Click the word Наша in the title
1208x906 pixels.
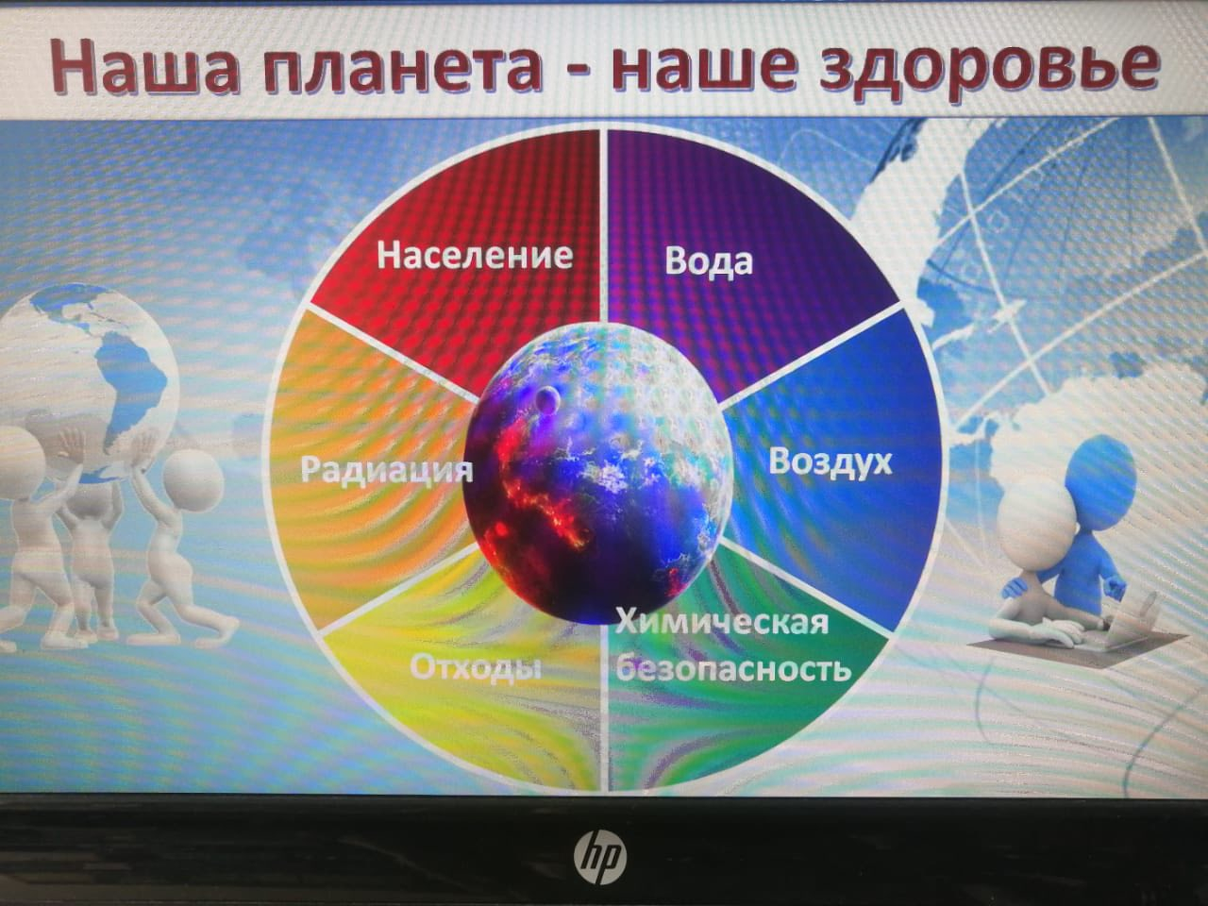click(143, 65)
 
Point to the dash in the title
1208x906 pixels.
click(577, 72)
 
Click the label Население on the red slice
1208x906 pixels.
click(475, 256)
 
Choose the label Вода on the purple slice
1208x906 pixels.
click(709, 260)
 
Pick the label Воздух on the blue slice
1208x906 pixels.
click(830, 463)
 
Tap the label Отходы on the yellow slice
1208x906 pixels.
click(476, 668)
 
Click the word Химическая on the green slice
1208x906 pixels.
click(722, 623)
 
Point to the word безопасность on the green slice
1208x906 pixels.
click(733, 668)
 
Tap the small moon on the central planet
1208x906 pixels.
click(546, 400)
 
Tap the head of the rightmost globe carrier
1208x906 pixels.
click(193, 479)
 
